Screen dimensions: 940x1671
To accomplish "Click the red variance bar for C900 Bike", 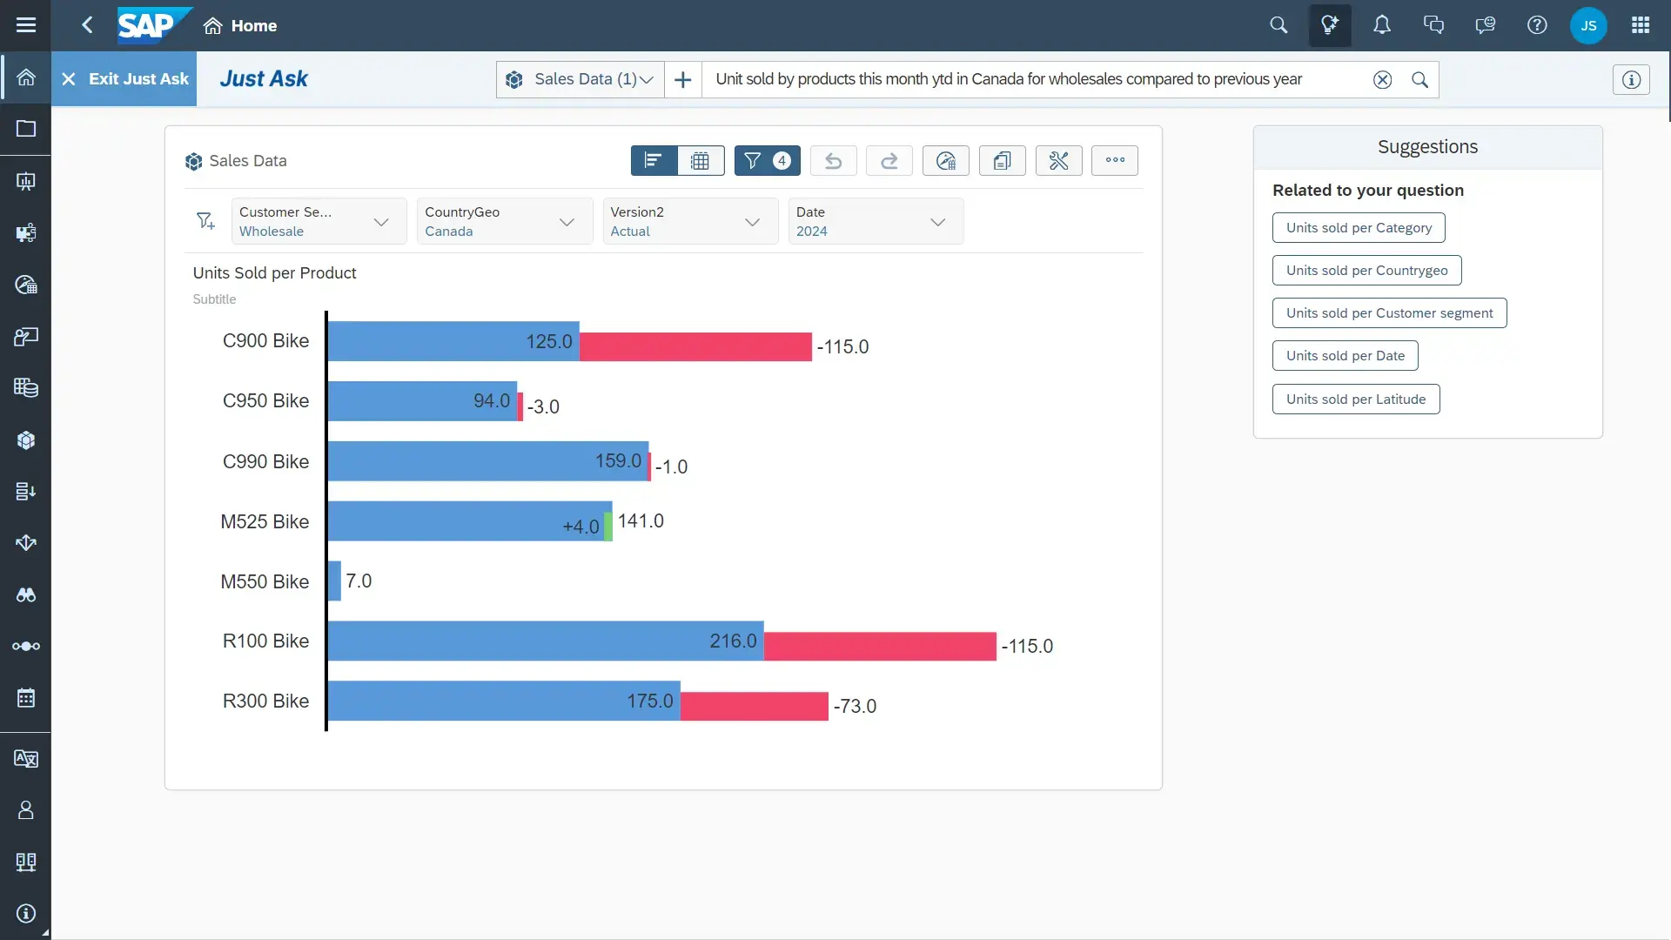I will click(x=695, y=346).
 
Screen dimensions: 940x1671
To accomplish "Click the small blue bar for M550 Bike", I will click(x=334, y=581).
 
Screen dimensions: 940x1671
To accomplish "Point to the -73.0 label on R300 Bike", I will click(x=855, y=706).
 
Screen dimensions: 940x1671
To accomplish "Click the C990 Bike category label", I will click(x=265, y=461).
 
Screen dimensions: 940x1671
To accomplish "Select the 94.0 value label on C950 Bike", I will click(x=491, y=400).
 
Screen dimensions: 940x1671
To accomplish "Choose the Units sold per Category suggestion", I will click(x=1358, y=228).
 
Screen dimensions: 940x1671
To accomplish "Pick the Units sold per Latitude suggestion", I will click(x=1355, y=399).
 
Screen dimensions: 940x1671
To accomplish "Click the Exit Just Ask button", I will click(x=124, y=79).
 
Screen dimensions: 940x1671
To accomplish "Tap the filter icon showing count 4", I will click(x=767, y=161).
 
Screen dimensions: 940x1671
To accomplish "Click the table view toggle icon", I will click(x=700, y=161).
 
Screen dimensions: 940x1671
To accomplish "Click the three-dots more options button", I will click(x=1114, y=160).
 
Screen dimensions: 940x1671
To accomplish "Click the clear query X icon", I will click(x=1381, y=80).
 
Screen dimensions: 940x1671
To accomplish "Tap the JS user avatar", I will click(x=1587, y=25).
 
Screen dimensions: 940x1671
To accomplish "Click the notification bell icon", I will click(x=1381, y=25).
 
